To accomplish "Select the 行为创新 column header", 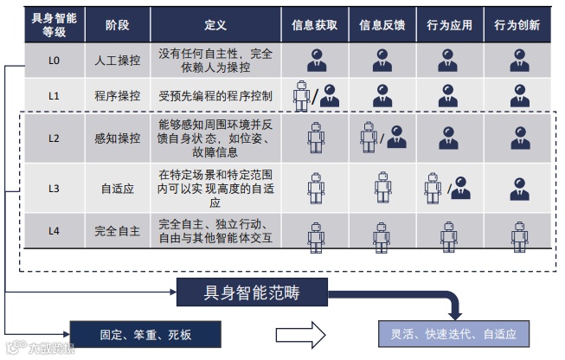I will [x=518, y=25].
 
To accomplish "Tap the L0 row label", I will [x=53, y=61].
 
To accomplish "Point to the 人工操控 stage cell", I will [x=117, y=61].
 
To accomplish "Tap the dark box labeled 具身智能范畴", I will [x=252, y=291].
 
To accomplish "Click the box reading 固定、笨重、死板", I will [x=144, y=333].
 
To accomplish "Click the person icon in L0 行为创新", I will [x=518, y=60].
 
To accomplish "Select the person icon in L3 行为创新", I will [x=518, y=187].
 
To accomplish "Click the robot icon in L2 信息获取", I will [x=317, y=137].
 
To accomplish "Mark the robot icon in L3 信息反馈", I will [x=382, y=186].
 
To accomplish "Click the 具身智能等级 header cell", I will [x=53, y=25].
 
